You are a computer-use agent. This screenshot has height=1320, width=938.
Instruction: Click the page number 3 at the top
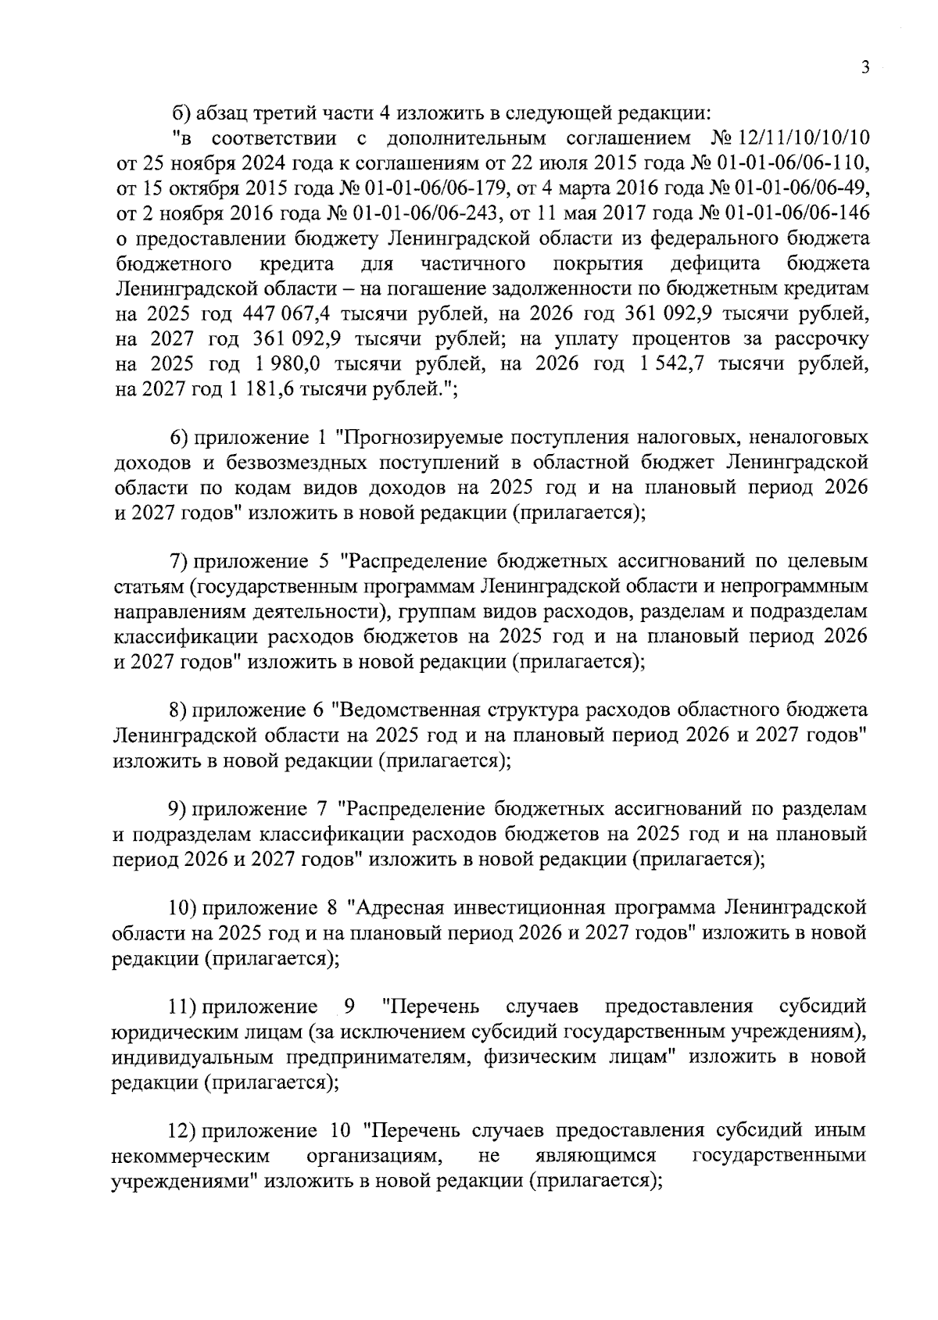click(x=865, y=68)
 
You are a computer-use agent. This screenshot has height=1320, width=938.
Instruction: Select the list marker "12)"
click(x=185, y=1131)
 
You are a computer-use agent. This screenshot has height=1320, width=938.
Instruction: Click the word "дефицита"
click(x=714, y=263)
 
